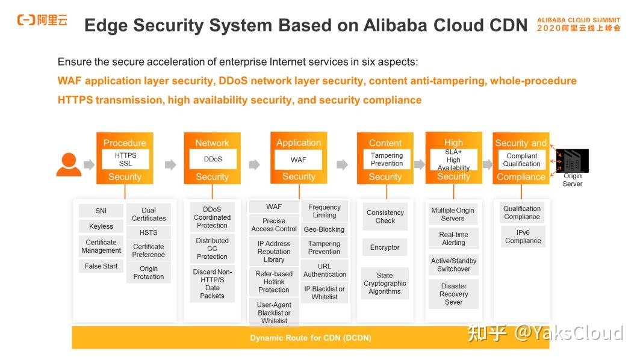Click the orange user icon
tap(69, 164)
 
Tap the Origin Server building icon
tap(572, 161)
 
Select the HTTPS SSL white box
tap(125, 160)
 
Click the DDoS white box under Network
tap(213, 160)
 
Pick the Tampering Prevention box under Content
tap(387, 160)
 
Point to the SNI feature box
tap(101, 211)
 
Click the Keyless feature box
tap(101, 226)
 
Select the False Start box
tap(101, 266)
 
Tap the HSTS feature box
tap(148, 232)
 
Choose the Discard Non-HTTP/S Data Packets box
tap(212, 284)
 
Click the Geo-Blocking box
tap(324, 229)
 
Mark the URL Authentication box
tap(325, 270)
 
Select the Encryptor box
tap(385, 247)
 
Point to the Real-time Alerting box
tap(453, 238)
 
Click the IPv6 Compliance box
tap(523, 236)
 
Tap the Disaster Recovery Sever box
tap(453, 294)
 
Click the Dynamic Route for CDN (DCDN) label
tap(310, 338)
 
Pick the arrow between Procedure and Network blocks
tap(170, 164)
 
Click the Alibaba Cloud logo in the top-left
tap(42, 20)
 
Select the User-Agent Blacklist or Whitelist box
tap(274, 312)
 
